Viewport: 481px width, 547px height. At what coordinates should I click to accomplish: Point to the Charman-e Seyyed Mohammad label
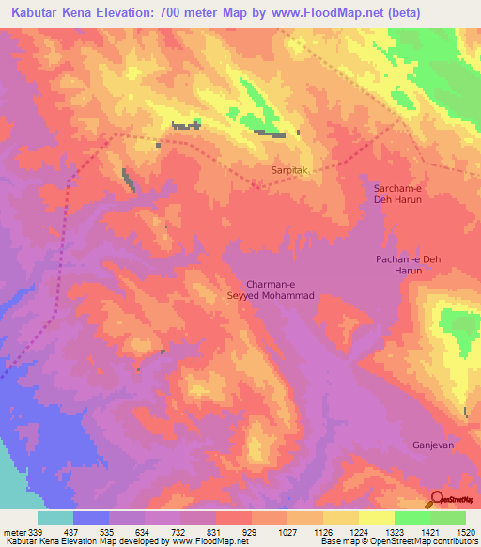[279, 289]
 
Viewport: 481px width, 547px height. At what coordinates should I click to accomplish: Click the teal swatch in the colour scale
[55, 518]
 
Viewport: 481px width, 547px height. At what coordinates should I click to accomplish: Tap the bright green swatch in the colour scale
[411, 518]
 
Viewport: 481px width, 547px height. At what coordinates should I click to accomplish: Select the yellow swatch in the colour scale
[376, 518]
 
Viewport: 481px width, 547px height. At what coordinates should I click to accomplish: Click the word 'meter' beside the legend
[13, 532]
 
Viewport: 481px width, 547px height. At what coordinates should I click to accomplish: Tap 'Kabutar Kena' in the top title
[56, 13]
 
